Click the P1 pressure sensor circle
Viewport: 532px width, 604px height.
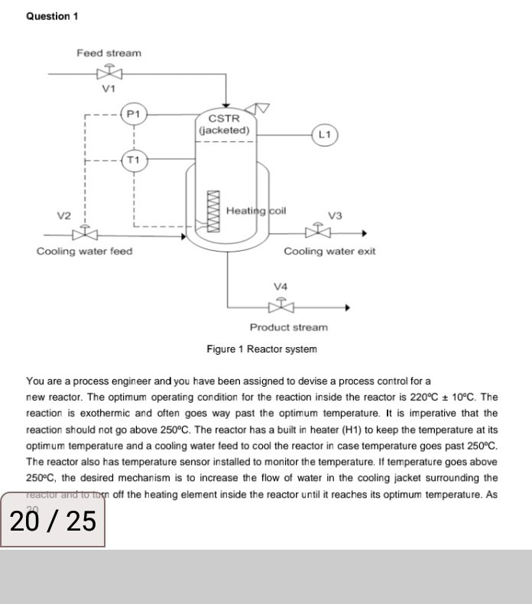click(135, 114)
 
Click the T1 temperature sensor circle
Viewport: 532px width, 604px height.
click(135, 160)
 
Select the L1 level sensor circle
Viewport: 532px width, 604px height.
click(325, 135)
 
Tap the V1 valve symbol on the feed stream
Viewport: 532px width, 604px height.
click(109, 73)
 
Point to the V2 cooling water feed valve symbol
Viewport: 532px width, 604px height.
click(84, 233)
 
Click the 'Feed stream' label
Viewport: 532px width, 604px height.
click(109, 53)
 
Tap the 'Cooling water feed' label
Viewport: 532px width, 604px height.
click(84, 251)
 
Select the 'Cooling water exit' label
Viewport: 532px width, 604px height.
click(329, 251)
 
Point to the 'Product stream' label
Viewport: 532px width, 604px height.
click(288, 327)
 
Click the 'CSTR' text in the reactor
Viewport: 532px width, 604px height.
click(224, 119)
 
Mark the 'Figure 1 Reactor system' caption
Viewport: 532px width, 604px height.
click(261, 349)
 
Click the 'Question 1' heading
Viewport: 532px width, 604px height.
click(52, 16)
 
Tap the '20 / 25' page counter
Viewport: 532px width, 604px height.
click(53, 521)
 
